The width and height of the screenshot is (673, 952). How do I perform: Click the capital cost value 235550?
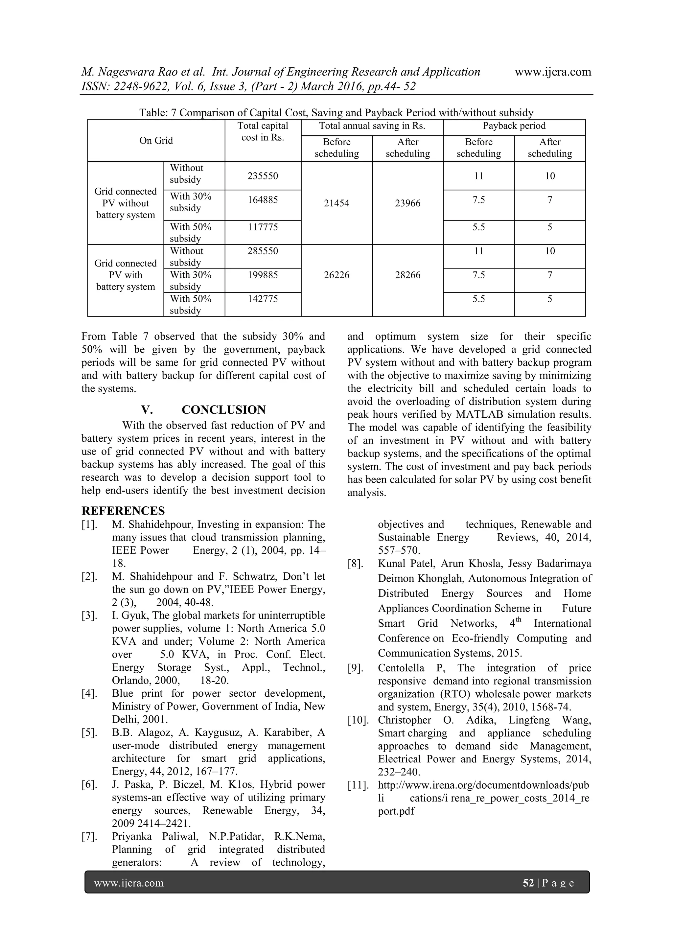(x=263, y=176)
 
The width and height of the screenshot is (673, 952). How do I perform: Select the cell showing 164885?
(x=263, y=200)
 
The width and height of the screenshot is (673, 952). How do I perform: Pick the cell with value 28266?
(x=407, y=275)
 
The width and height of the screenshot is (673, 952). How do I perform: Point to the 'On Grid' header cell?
(x=156, y=141)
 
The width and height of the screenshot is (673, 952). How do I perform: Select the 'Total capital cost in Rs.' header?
(x=263, y=131)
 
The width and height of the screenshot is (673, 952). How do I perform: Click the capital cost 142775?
(x=263, y=298)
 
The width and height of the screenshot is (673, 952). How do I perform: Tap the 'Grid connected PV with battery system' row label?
(x=125, y=275)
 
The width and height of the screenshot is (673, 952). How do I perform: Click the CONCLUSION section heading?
(x=223, y=410)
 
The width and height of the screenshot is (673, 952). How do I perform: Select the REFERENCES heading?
(x=123, y=510)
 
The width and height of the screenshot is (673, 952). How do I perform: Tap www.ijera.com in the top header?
(x=553, y=72)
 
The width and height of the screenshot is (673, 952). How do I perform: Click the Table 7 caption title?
(x=336, y=112)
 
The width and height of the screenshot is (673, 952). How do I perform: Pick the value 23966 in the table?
(x=407, y=203)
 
